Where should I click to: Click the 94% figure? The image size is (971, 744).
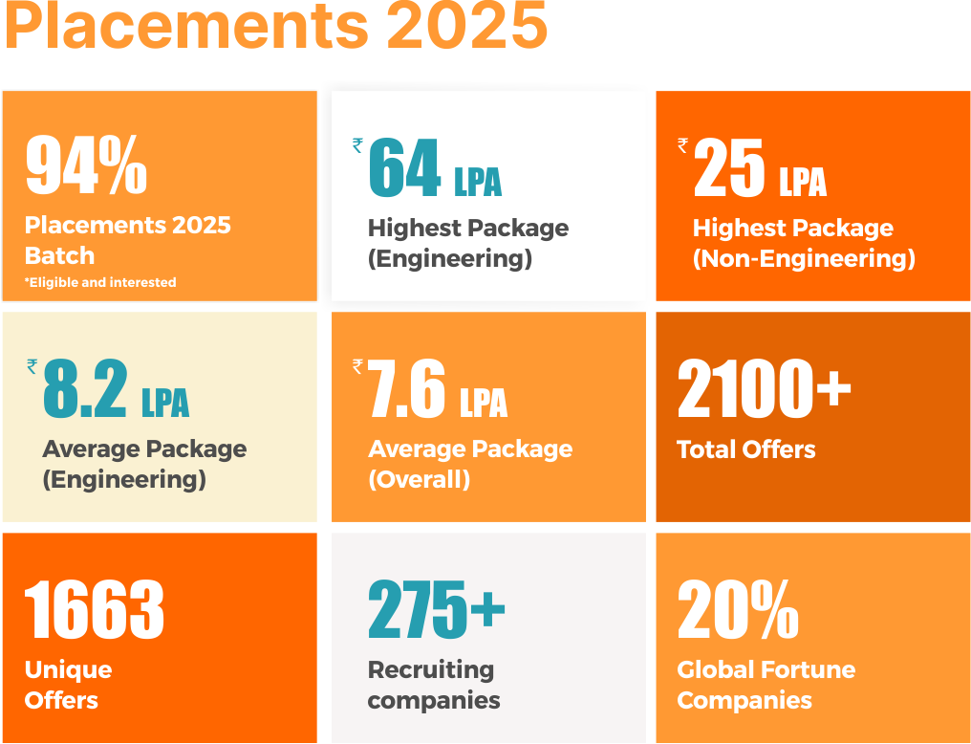coord(86,165)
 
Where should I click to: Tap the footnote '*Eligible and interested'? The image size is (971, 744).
coord(100,282)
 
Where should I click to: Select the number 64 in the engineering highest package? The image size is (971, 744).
coord(404,169)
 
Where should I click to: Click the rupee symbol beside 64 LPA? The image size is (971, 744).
coord(357,145)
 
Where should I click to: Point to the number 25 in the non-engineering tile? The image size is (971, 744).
coord(729,169)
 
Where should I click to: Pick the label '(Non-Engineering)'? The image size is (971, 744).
coord(804,259)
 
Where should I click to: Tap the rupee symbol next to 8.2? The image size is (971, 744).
coord(32,366)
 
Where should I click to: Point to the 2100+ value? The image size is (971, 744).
coord(764,390)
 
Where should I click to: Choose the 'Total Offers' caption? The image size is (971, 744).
coord(746,449)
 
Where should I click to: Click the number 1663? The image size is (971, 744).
coord(94,610)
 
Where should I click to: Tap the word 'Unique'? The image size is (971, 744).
coord(68,669)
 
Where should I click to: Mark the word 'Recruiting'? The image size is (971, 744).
coord(431,669)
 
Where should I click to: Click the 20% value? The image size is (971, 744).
coord(738,610)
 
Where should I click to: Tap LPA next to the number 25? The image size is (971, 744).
coord(802,183)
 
